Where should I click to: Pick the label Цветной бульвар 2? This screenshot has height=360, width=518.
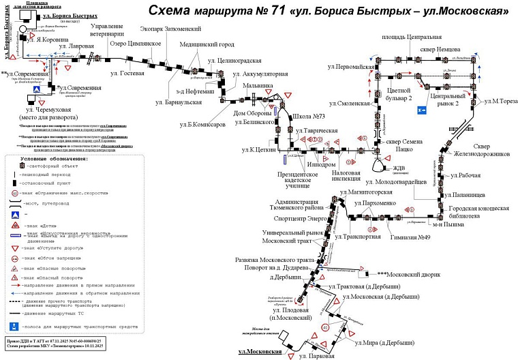click(x=400, y=94)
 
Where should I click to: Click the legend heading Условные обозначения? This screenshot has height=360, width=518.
click(x=54, y=158)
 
